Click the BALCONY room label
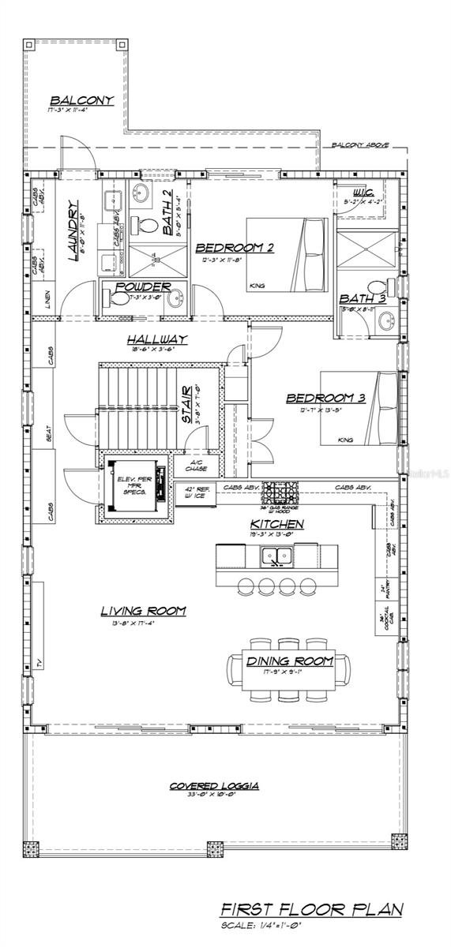[82, 100]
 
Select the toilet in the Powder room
[116, 299]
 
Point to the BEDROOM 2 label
[234, 247]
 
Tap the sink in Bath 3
[386, 320]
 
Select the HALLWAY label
[157, 339]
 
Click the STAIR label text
[187, 404]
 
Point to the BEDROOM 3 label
[325, 398]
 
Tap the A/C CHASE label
[196, 466]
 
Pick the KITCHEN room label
[276, 524]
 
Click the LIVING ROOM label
[143, 610]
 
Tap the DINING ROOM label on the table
[289, 661]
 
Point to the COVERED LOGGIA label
[215, 786]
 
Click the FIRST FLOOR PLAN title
[310, 910]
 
